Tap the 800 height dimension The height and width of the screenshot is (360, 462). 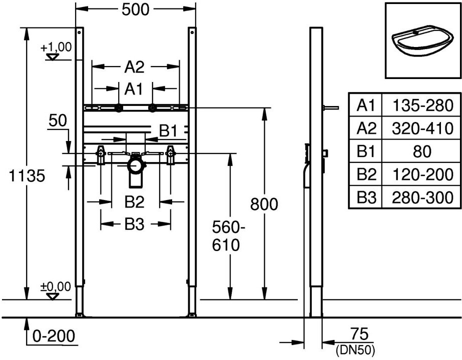click(x=263, y=204)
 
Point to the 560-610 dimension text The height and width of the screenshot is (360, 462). click(x=229, y=236)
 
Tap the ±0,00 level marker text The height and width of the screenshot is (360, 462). click(x=55, y=287)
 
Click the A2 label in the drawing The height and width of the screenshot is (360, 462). click(x=134, y=66)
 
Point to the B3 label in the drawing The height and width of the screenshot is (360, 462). click(x=134, y=225)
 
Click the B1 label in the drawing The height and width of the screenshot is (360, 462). click(x=169, y=131)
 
